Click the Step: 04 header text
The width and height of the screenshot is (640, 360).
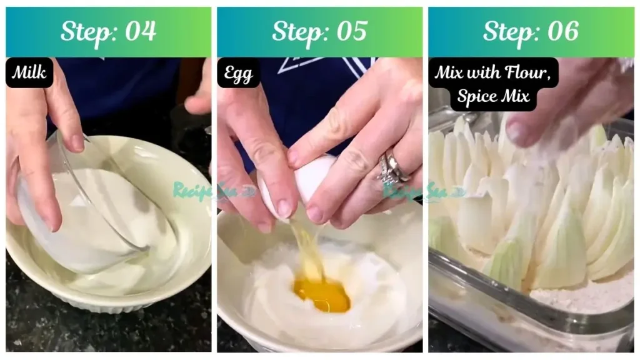click(x=108, y=31)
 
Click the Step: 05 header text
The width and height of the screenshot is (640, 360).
click(x=319, y=31)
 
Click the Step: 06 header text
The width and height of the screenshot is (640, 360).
click(x=531, y=31)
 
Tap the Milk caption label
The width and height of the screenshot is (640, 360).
click(x=29, y=73)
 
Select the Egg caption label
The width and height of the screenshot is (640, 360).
click(x=238, y=73)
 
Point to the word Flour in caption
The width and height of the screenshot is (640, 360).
click(x=527, y=72)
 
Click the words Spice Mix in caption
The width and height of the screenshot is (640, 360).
click(x=493, y=96)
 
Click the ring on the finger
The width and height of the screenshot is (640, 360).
click(x=391, y=167)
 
